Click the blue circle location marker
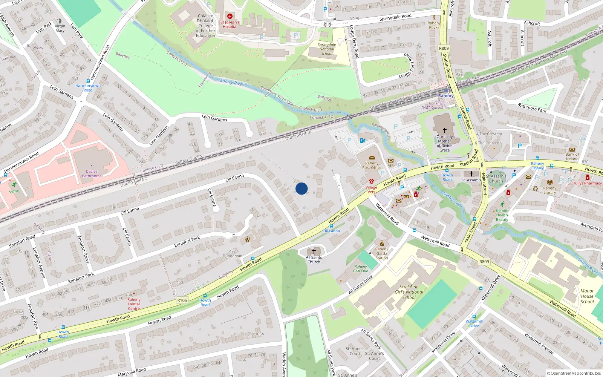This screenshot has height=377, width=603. (301, 188)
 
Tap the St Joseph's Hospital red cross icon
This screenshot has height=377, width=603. (230, 16)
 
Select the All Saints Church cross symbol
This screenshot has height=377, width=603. (314, 251)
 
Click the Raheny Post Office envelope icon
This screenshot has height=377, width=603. (372, 158)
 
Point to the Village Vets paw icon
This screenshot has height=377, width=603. (371, 181)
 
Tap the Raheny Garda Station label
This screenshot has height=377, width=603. (381, 253)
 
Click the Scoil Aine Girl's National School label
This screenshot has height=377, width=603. (409, 292)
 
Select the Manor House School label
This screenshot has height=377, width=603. (587, 296)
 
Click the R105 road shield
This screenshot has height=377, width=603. (182, 300)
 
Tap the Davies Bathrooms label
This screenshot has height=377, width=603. (92, 173)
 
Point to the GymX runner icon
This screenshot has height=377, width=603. (14, 185)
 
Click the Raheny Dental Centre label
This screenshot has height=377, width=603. (134, 304)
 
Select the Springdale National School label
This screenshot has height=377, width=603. (327, 49)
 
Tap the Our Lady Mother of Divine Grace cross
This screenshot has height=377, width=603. (444, 130)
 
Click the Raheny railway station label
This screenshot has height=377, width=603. (446, 96)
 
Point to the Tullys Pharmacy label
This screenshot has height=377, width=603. (587, 183)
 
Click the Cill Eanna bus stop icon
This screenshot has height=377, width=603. (331, 226)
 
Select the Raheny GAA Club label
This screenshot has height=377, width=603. (361, 268)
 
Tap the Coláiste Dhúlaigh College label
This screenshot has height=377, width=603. (205, 26)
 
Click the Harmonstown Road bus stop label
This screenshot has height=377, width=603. (88, 88)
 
